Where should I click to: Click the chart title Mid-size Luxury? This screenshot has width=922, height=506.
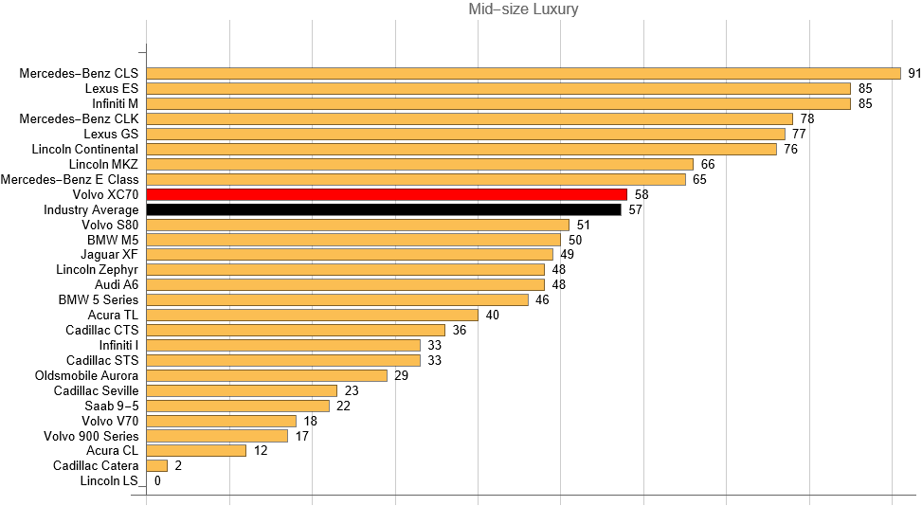click(523, 9)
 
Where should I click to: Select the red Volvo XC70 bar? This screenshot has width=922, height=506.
click(387, 194)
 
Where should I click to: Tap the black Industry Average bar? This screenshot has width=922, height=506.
click(384, 209)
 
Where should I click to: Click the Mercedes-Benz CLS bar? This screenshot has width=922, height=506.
click(523, 73)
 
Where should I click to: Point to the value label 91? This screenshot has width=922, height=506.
click(914, 73)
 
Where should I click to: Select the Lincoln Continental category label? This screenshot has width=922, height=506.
click(84, 149)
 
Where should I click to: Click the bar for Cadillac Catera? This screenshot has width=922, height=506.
click(157, 466)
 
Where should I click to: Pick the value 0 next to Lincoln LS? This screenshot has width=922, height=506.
click(157, 481)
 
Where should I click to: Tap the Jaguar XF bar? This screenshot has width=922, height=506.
click(350, 255)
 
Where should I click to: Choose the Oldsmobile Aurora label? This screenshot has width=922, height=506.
click(86, 375)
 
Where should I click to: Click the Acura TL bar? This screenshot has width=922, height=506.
click(312, 315)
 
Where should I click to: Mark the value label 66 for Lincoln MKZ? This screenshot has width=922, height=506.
click(707, 164)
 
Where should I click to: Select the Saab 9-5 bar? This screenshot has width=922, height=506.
click(238, 406)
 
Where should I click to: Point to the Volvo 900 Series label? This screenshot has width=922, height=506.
click(91, 436)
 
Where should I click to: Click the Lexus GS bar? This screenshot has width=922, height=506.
click(465, 134)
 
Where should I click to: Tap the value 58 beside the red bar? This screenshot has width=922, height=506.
click(642, 194)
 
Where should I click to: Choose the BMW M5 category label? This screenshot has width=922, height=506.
click(113, 240)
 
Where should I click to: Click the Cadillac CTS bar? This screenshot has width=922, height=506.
click(296, 330)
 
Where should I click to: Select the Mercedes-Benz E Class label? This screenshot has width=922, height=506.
click(70, 179)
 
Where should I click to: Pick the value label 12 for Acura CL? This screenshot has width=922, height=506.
click(261, 451)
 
